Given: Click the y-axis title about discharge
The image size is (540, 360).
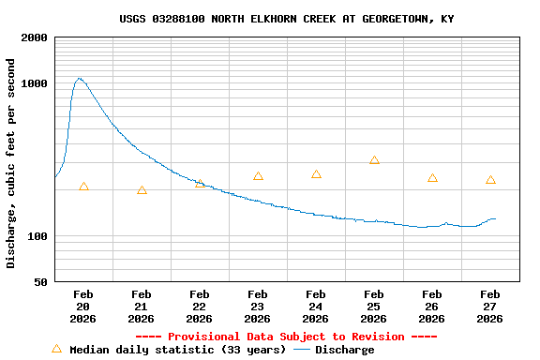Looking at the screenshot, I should tap(11, 163).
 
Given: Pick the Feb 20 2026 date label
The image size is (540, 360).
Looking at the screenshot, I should tap(83, 307).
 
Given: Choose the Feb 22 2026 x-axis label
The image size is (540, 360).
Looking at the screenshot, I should tap(200, 307).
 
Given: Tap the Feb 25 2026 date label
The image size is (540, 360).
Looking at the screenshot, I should tap(374, 307).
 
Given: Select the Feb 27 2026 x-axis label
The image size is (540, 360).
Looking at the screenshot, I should tap(490, 307).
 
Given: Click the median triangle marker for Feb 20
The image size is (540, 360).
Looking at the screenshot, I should tap(83, 187).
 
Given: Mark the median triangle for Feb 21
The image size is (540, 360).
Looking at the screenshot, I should tap(142, 190).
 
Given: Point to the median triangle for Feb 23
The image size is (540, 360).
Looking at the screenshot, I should tap(258, 176).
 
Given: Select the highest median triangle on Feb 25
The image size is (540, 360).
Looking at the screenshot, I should tap(374, 160).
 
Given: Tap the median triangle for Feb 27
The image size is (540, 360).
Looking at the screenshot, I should tap(490, 180).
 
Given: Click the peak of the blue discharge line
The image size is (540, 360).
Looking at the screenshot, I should tap(80, 79).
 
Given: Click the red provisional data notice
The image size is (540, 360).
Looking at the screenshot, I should tap(287, 337).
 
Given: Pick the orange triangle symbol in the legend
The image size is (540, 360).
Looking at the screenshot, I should tap(56, 349).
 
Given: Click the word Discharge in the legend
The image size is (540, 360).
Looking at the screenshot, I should tap(344, 350).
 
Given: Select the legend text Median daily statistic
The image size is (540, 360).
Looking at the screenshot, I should tap(178, 350).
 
